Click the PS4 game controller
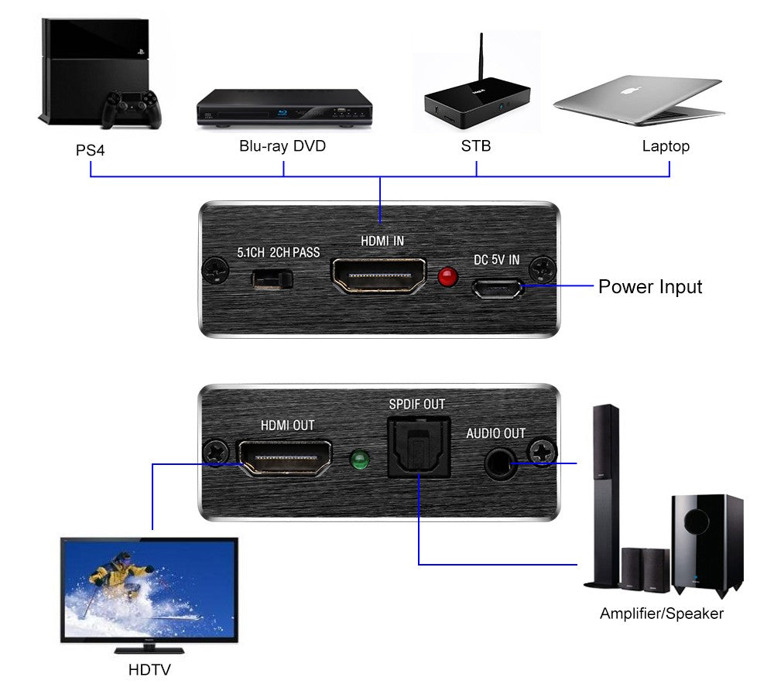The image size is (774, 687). [x=132, y=108]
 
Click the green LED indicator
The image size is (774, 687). [x=358, y=461]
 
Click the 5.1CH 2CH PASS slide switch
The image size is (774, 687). [x=272, y=279]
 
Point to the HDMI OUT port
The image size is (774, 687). [x=285, y=459]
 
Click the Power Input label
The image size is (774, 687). [x=650, y=287]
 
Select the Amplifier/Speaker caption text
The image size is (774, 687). [x=661, y=614]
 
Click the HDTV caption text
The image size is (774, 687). [x=149, y=669]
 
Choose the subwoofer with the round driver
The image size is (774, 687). [x=706, y=542]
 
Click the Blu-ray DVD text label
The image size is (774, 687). [x=283, y=146]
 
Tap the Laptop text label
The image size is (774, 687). [x=666, y=146]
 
